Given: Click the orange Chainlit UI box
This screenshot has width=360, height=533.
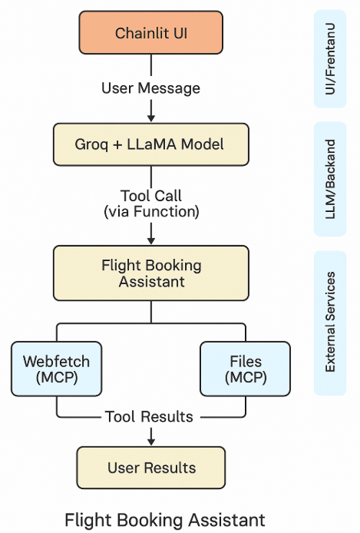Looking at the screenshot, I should [150, 33].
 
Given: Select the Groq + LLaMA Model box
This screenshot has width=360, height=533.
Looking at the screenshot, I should [150, 144].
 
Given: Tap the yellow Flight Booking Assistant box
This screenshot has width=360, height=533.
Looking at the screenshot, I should [150, 273].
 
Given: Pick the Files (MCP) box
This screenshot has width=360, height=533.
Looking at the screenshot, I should [245, 368].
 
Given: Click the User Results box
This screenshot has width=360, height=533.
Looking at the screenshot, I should [150, 468].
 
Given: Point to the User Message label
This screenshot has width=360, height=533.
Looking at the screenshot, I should [150, 88].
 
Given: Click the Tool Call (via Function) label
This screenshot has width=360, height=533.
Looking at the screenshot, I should [150, 204].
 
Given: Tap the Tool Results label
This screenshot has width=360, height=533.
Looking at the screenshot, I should [149, 416].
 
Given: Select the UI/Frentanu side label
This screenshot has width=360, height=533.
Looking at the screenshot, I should [330, 58].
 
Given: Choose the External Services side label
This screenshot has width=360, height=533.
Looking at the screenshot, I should [330, 321].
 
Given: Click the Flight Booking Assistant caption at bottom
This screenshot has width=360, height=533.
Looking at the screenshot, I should [165, 518].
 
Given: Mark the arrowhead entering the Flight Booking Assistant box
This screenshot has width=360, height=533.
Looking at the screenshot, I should [150, 240].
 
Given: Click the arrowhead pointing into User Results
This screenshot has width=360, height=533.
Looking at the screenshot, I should [150, 441].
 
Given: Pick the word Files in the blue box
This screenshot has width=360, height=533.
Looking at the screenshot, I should [245, 360].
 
